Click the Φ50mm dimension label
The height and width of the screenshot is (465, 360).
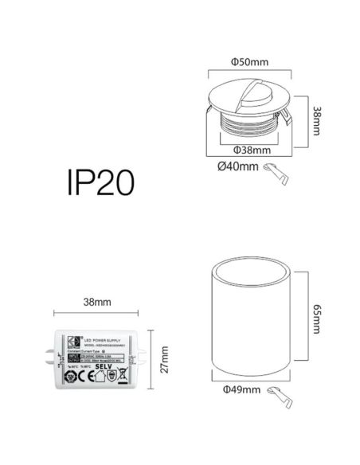click(247, 61)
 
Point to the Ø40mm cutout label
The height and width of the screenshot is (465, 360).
click(237, 166)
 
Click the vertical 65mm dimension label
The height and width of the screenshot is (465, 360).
click(317, 323)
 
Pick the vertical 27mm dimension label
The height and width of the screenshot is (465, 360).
click(164, 359)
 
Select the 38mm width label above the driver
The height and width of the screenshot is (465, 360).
click(96, 303)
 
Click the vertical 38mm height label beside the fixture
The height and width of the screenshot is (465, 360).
click(317, 120)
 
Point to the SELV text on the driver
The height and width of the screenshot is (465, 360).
click(105, 367)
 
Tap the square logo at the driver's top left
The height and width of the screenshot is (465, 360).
click(70, 340)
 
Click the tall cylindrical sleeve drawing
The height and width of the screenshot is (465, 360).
click(250, 324)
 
